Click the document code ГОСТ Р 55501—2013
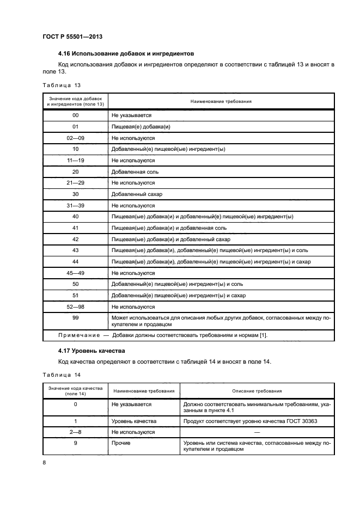[x=72, y=36]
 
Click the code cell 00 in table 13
[x=76, y=115]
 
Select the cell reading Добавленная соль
[x=135, y=171]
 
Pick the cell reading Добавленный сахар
[x=137, y=194]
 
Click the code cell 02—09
[x=76, y=138]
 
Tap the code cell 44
[x=76, y=262]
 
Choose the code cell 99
[x=76, y=317]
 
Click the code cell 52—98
[x=76, y=306]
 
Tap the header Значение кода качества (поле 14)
[x=75, y=391]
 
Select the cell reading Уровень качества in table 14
[x=134, y=421]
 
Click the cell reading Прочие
[x=121, y=443]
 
